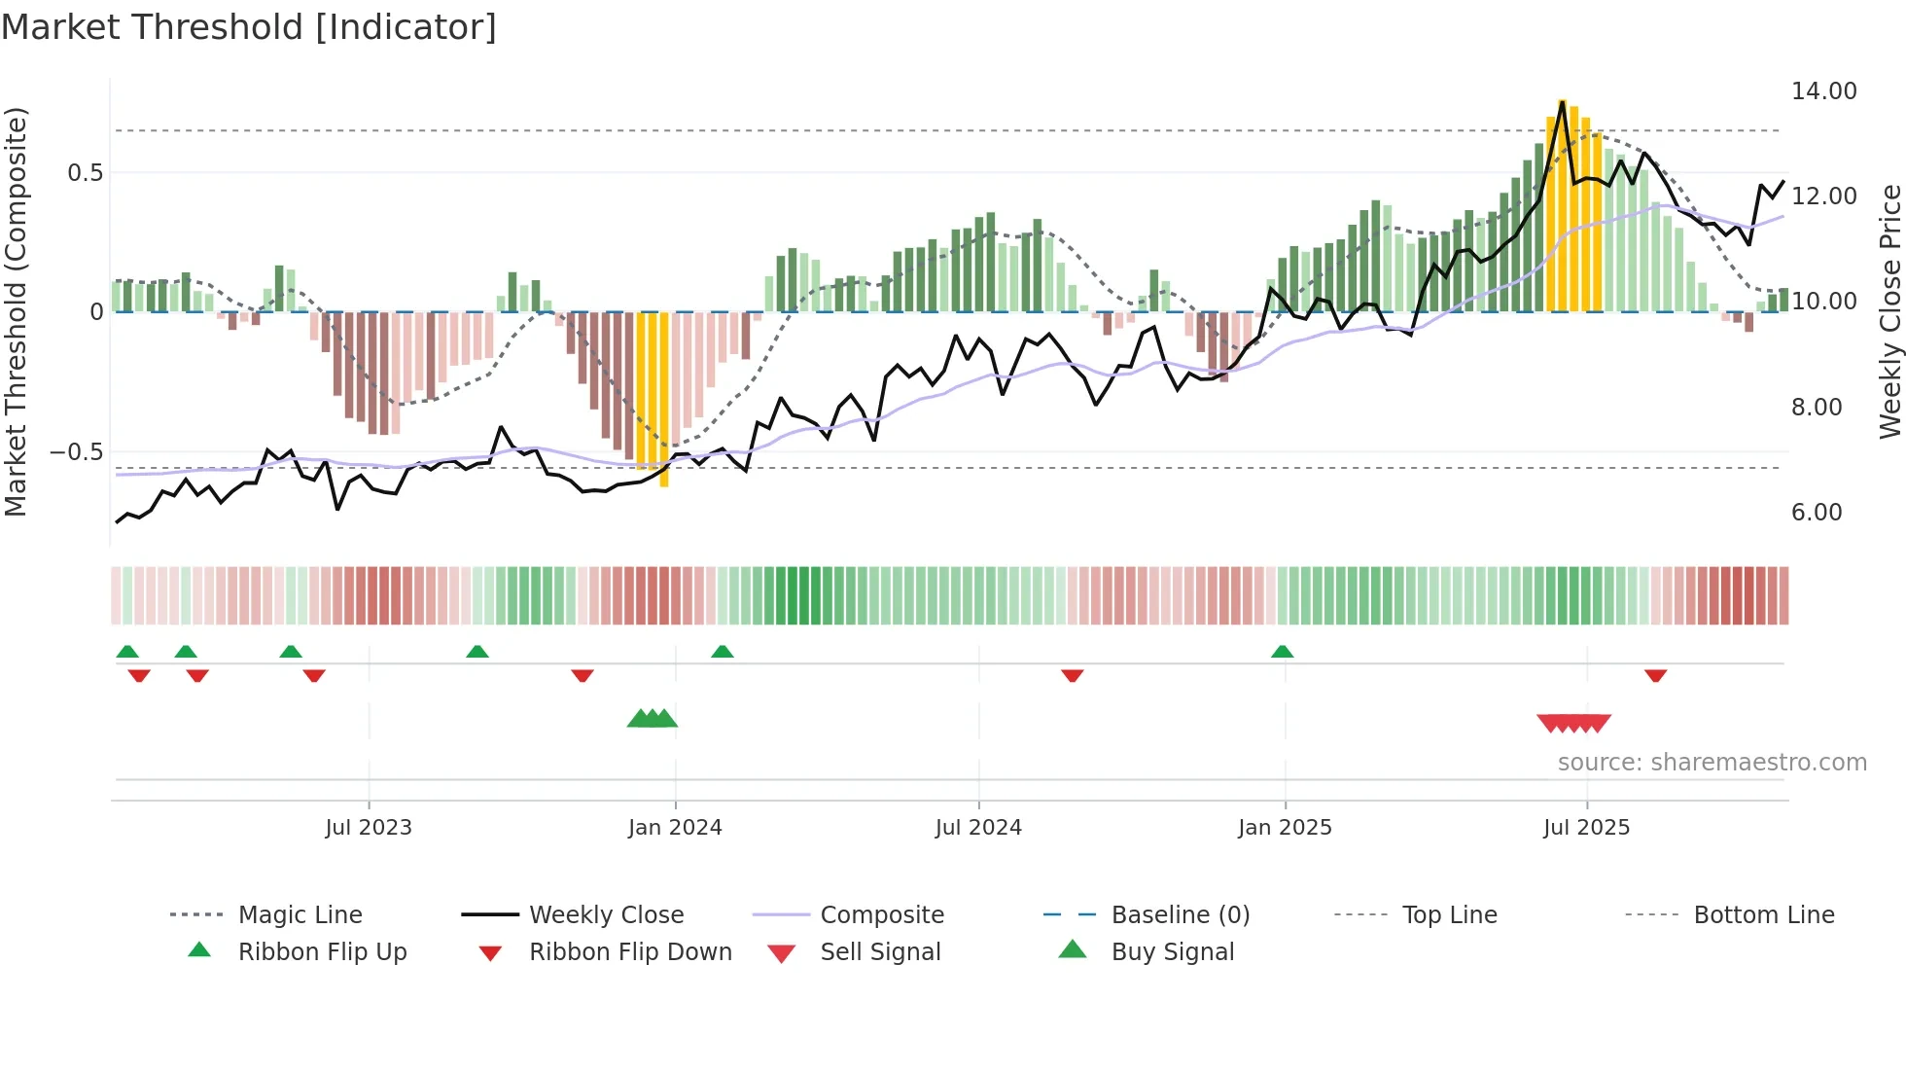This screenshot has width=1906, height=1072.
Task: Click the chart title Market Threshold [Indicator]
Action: (x=249, y=27)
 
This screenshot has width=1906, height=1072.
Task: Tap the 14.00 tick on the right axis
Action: (x=1823, y=91)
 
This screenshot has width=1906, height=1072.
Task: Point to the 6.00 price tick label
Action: (x=1817, y=513)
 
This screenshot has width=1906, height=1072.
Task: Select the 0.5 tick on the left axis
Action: (x=85, y=173)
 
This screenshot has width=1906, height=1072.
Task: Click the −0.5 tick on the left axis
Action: (x=76, y=452)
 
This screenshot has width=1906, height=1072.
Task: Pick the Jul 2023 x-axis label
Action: (x=369, y=828)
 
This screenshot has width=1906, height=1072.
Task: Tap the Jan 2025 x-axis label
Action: (x=1285, y=828)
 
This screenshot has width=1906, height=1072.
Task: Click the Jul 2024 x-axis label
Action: (x=978, y=828)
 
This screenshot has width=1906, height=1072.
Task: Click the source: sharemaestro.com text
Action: (x=1712, y=763)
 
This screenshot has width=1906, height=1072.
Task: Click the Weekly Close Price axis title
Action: (x=1889, y=311)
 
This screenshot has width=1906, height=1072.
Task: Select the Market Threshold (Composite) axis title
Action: (x=16, y=311)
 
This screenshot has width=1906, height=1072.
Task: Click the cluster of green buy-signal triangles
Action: (x=653, y=719)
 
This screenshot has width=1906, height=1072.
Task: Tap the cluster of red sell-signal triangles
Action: (x=1573, y=723)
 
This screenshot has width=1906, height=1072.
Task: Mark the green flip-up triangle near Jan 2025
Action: (x=1282, y=652)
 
